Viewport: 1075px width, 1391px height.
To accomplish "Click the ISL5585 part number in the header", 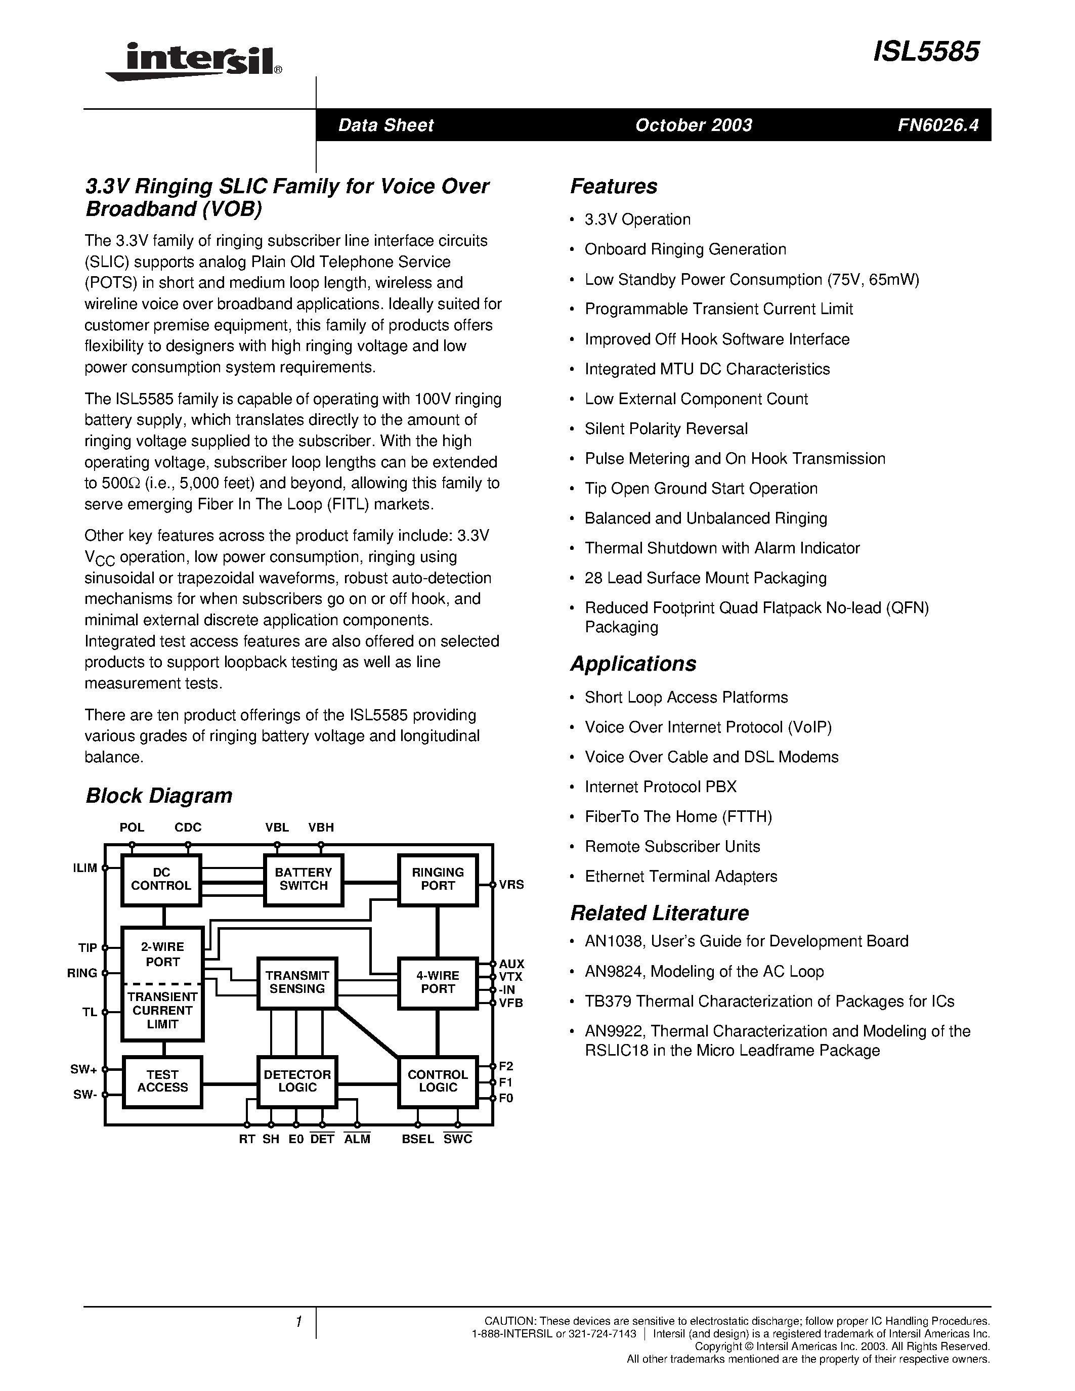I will tap(926, 52).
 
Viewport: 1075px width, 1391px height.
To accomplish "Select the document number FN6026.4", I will tap(937, 125).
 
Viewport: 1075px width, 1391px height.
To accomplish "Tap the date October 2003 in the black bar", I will tap(694, 125).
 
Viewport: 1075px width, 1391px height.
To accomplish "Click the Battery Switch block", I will tap(304, 879).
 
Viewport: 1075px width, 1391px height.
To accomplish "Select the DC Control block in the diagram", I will tap(161, 879).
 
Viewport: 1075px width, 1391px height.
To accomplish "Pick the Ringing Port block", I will tap(438, 879).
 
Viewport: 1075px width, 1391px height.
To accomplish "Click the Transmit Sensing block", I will tap(297, 982).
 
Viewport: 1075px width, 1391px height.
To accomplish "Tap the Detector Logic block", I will tap(297, 1081).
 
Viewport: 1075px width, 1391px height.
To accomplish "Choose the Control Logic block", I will tap(438, 1081).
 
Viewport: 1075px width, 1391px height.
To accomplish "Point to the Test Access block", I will tap(162, 1081).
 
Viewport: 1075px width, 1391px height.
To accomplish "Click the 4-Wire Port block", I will tap(438, 982).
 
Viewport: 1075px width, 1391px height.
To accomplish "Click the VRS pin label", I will tap(511, 885).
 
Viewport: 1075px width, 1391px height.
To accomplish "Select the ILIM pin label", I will tap(85, 868).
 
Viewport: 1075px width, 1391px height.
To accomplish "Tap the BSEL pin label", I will tap(418, 1140).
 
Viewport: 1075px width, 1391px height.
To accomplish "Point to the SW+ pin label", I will tap(83, 1069).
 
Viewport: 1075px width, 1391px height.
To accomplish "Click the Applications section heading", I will tap(633, 664).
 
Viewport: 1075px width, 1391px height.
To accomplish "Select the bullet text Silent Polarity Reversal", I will tap(666, 428).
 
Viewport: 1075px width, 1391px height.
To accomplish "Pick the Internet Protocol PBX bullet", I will tap(660, 787).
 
